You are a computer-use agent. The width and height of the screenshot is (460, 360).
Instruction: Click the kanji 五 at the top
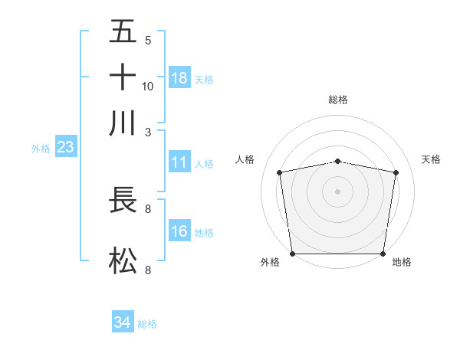point(123,31)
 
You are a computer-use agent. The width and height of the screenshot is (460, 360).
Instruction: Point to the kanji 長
point(123,201)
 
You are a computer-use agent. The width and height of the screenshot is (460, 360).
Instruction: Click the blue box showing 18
point(179,78)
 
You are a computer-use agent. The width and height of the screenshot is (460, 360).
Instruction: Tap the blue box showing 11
point(179,162)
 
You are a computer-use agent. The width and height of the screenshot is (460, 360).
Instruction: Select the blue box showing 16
point(179,231)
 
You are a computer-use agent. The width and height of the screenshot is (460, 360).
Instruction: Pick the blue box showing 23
point(65,148)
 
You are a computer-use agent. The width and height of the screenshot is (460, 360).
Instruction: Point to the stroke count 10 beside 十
point(148,86)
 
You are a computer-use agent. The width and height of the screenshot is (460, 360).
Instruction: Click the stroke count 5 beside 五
point(148,40)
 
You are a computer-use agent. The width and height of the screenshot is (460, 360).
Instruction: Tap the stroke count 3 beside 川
point(148,132)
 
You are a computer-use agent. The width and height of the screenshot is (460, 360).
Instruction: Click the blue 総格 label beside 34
point(147,324)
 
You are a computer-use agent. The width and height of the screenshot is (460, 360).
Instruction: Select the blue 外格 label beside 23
point(41,149)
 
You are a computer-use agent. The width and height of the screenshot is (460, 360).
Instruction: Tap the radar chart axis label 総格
point(337,100)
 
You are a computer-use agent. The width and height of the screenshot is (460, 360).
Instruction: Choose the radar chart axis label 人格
point(245,159)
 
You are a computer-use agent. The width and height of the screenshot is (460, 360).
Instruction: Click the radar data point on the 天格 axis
point(396,172)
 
